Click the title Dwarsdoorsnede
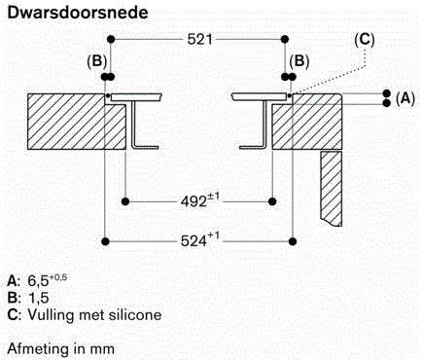(x=78, y=13)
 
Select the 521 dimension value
(x=199, y=40)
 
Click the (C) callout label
(x=365, y=40)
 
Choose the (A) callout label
(x=405, y=98)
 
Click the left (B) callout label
(x=96, y=61)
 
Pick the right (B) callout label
(x=299, y=61)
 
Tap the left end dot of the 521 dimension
(x=111, y=40)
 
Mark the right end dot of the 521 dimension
(x=285, y=40)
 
